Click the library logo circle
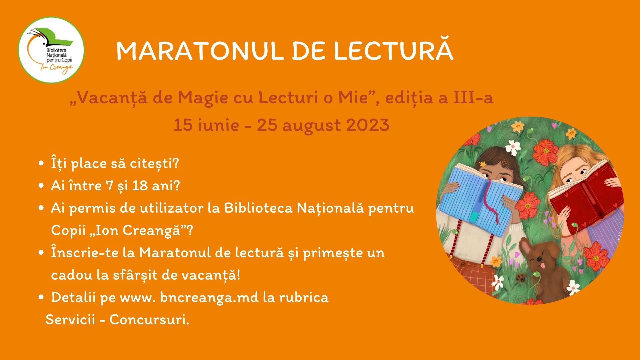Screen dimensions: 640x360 51,50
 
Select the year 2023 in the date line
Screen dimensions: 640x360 368,125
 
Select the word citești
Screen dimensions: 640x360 156,164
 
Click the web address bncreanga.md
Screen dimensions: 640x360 209,297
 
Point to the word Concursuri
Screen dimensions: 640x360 149,320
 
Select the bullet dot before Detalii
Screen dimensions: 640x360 41,297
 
